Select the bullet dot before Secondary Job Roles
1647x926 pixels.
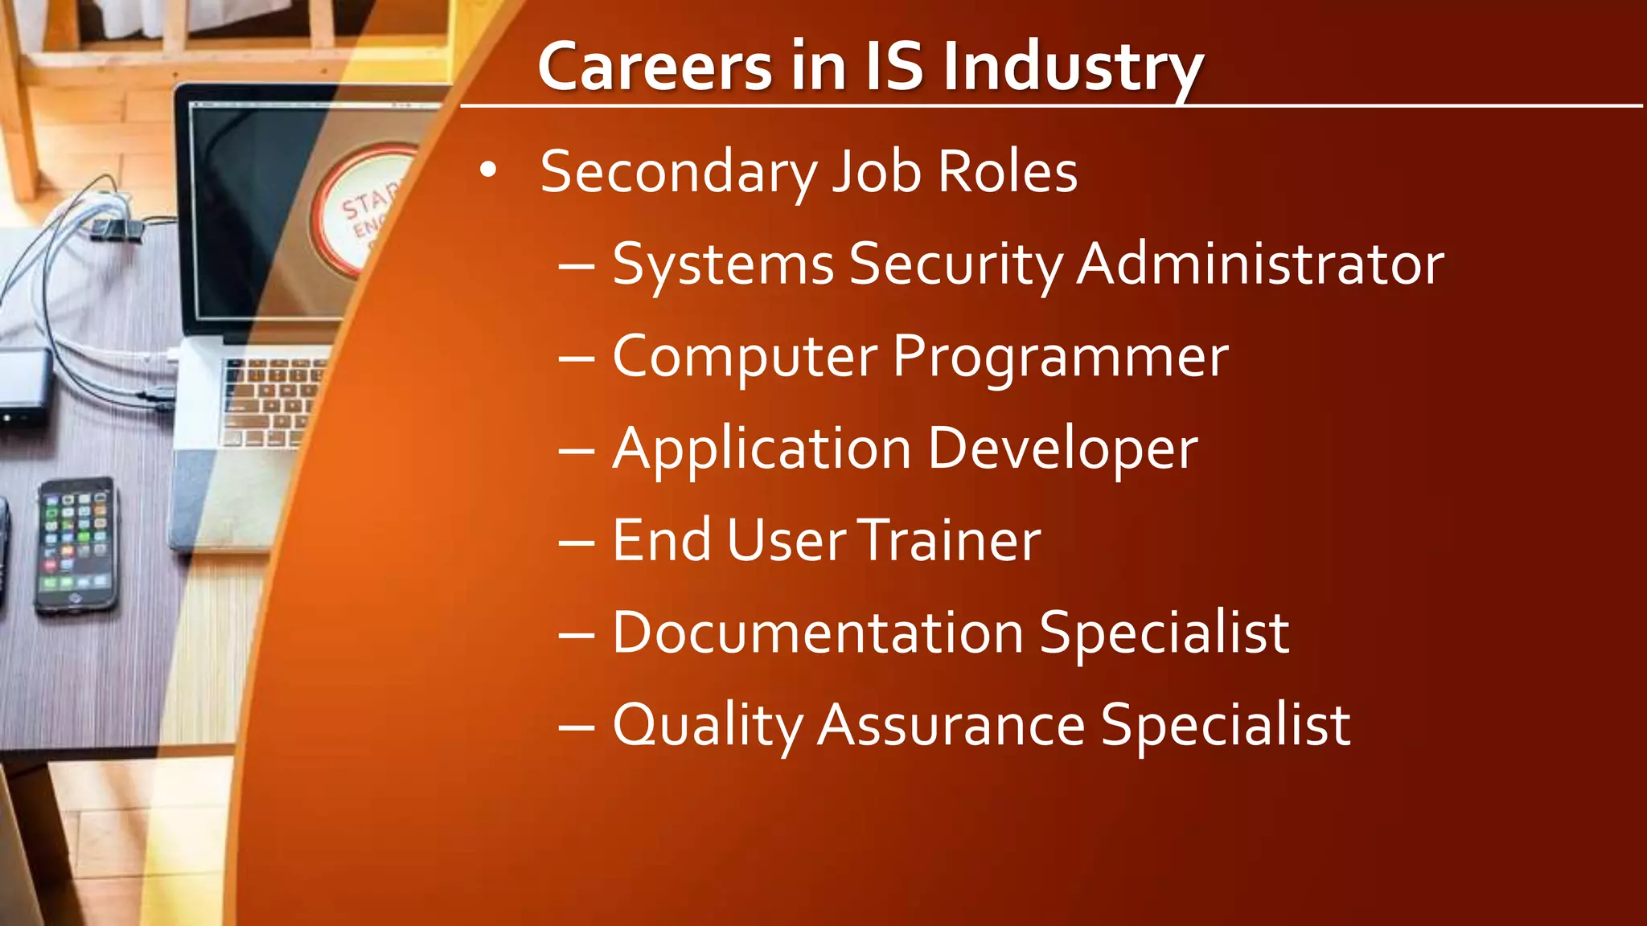[x=488, y=171]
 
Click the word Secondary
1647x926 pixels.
[x=679, y=172]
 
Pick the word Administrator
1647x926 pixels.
[x=1260, y=264]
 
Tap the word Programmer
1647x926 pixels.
[x=1061, y=357]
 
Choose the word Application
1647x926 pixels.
[x=762, y=449]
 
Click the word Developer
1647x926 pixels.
[x=1063, y=449]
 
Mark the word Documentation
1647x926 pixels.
[x=818, y=633]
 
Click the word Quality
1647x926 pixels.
[x=708, y=725]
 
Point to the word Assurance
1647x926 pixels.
[x=951, y=725]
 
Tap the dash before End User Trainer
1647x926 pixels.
[x=576, y=542]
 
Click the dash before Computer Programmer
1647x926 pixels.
[x=576, y=359]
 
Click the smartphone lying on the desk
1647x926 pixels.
[x=76, y=544]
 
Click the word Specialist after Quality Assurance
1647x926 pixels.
[x=1226, y=725]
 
